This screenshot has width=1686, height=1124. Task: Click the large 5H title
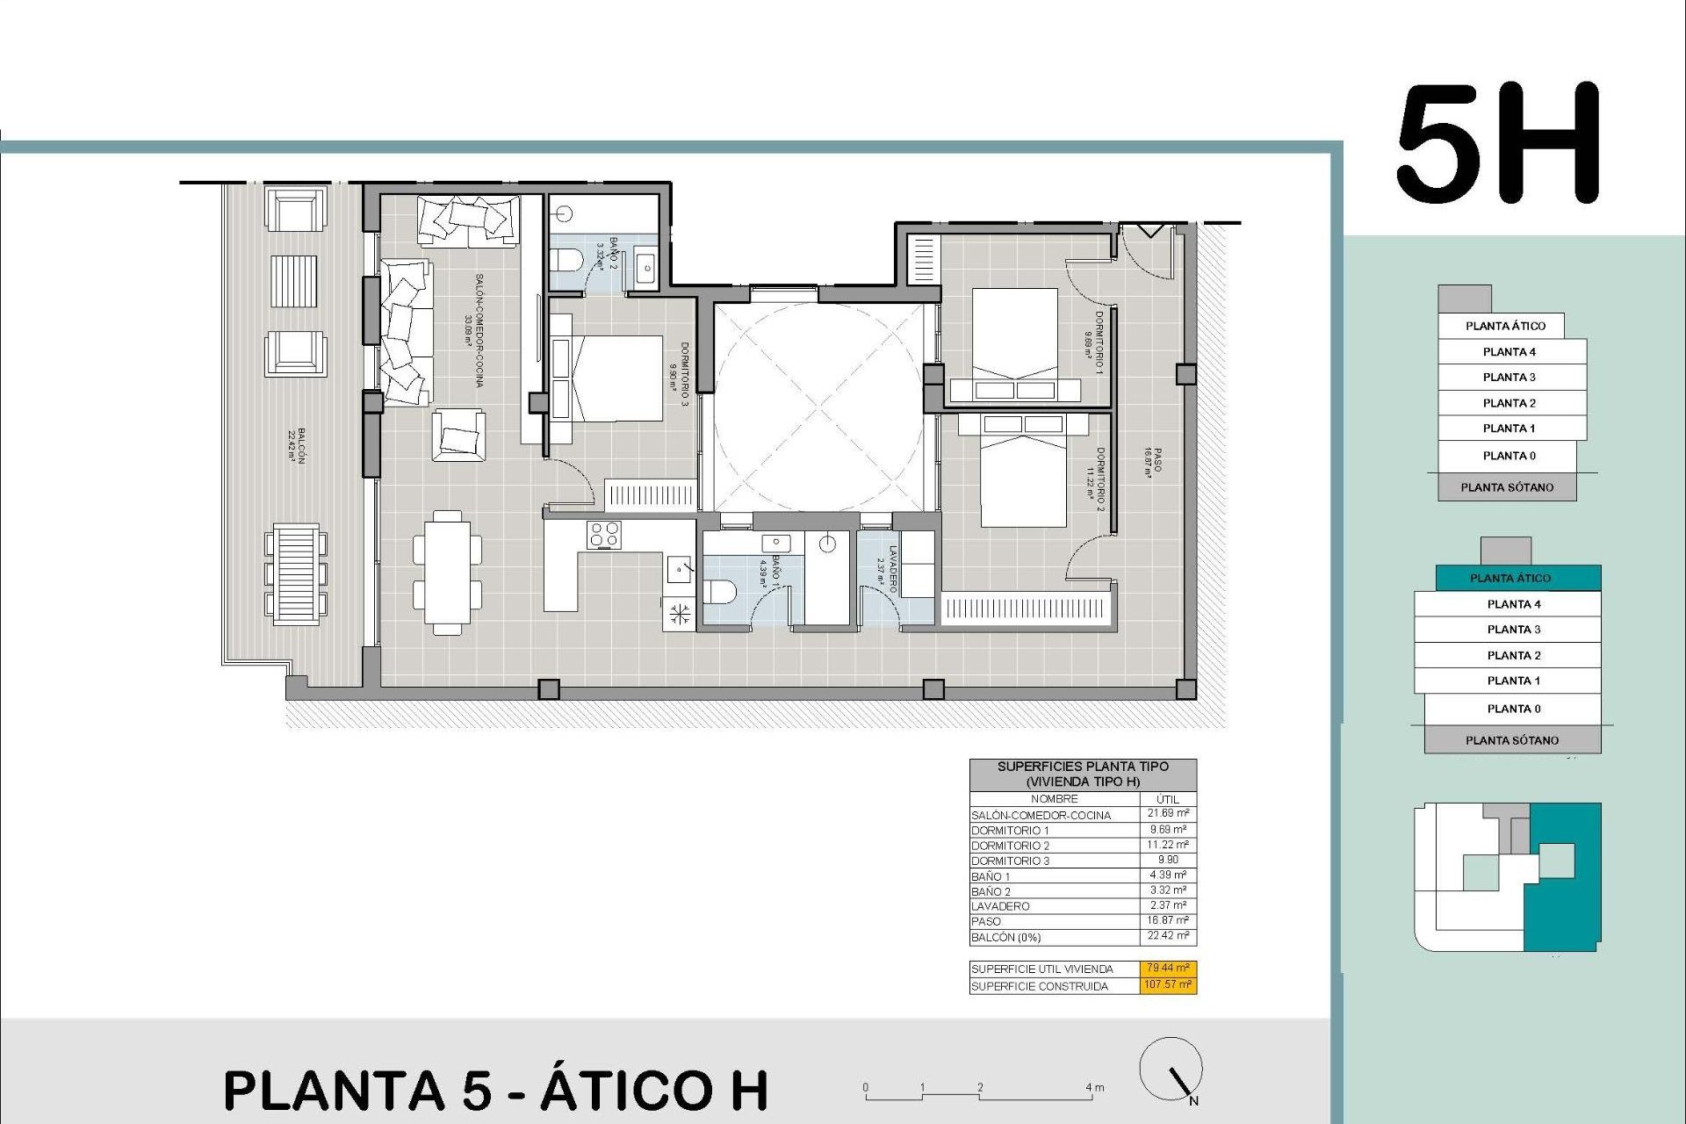click(1498, 145)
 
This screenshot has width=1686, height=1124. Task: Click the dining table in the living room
click(447, 573)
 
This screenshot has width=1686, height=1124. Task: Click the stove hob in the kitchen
click(604, 534)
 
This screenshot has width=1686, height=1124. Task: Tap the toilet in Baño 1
click(720, 591)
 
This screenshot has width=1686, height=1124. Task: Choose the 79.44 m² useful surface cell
click(1169, 968)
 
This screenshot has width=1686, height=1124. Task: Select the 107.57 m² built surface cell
click(1169, 984)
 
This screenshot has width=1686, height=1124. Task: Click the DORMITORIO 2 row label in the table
click(1011, 846)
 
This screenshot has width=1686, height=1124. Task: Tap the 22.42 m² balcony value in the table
click(1168, 936)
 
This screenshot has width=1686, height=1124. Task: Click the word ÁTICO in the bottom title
click(654, 1091)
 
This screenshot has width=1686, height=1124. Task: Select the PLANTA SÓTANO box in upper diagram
click(1507, 487)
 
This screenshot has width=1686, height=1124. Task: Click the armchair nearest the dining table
click(458, 435)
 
